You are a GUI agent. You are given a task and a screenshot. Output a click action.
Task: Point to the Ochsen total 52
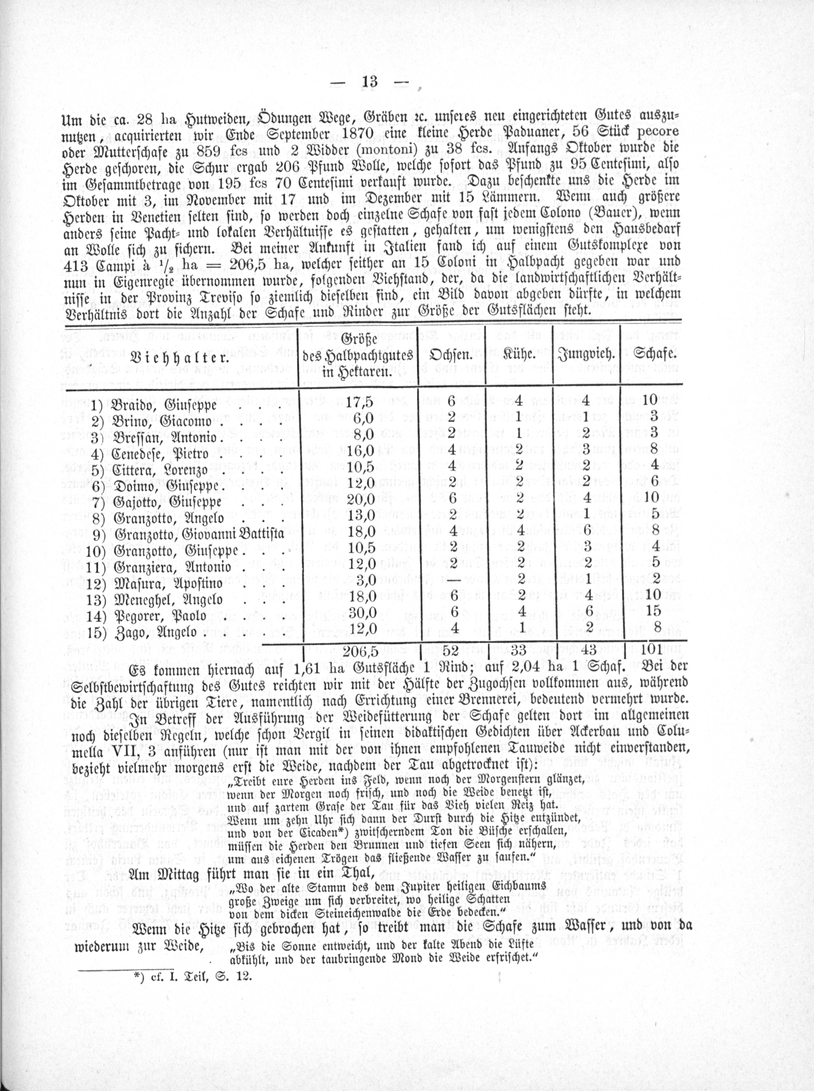pos(451,651)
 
